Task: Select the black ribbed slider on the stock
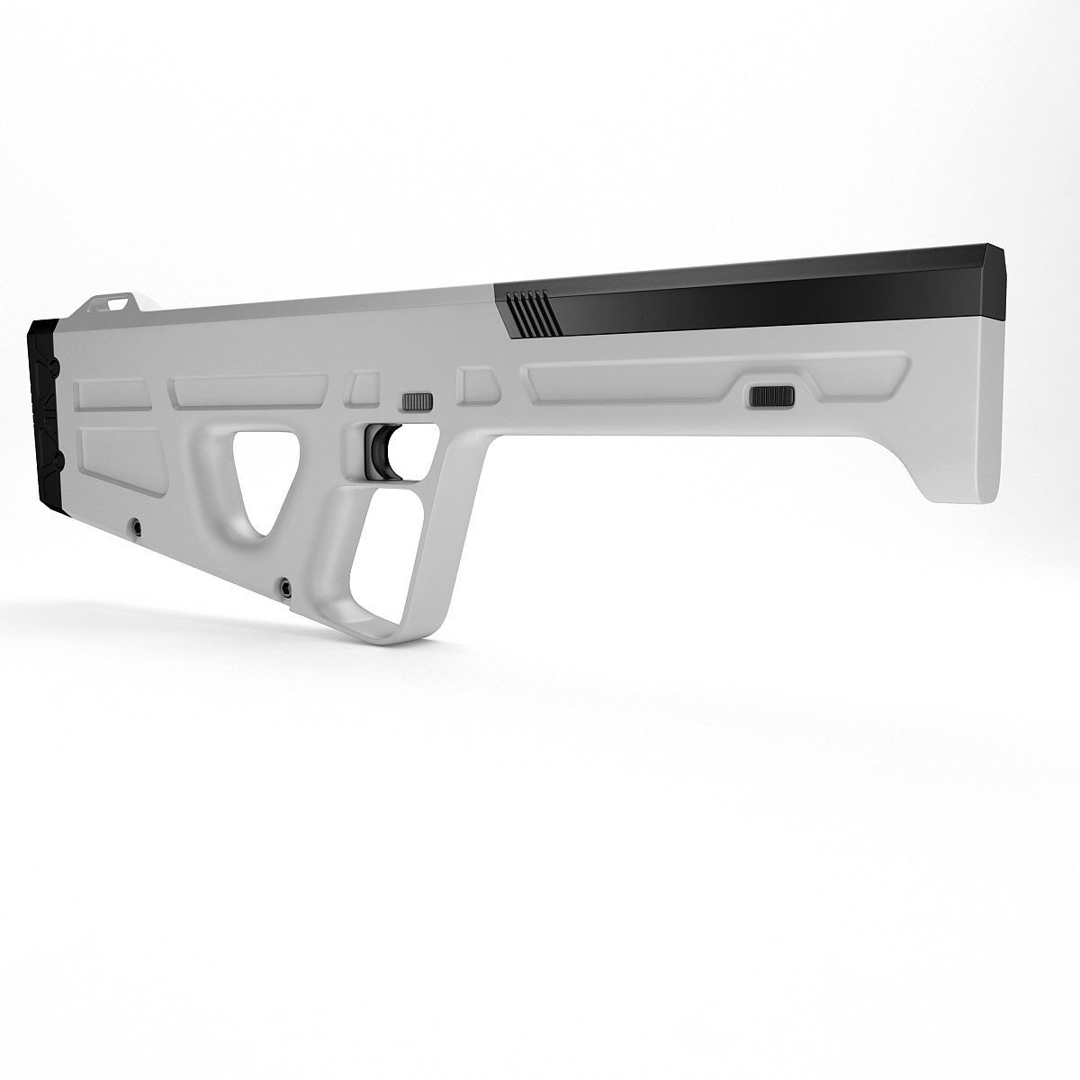pos(771,395)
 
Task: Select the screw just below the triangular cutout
pos(286,585)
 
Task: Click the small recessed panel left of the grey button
pos(362,387)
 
